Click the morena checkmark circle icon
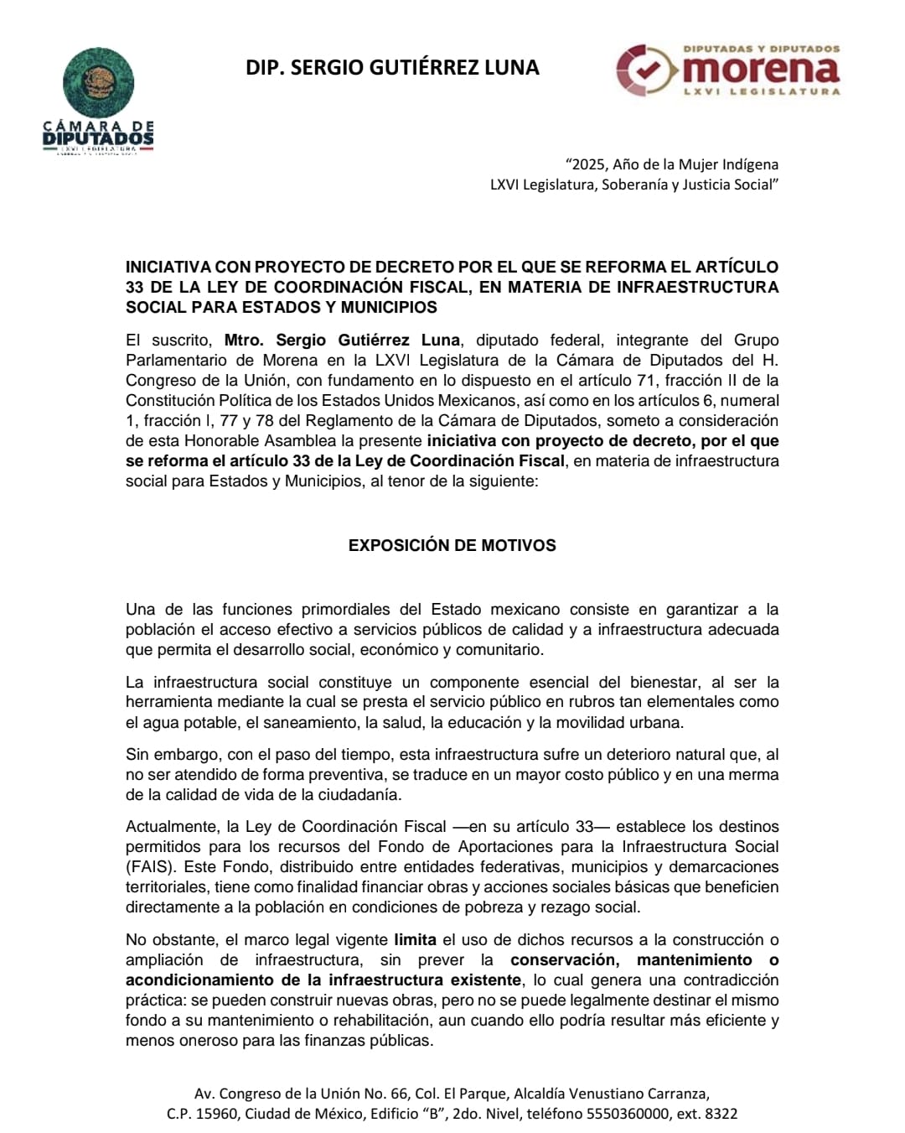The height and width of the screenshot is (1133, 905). [x=645, y=70]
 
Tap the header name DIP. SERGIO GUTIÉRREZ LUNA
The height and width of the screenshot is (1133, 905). [x=392, y=68]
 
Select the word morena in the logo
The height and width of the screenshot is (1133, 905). [x=766, y=69]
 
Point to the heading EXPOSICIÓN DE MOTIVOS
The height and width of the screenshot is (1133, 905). [x=452, y=545]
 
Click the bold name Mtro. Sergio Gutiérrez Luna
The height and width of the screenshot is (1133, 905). [x=342, y=340]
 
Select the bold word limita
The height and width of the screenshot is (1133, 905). [x=416, y=940]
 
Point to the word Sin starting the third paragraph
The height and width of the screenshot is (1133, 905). [x=138, y=755]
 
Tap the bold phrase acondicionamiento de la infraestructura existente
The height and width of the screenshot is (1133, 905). [x=323, y=980]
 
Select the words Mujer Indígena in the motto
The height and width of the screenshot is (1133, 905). [x=733, y=164]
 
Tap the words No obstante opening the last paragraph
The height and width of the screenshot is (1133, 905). [x=170, y=940]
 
